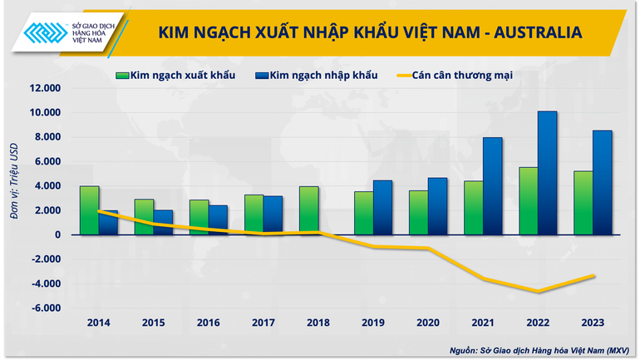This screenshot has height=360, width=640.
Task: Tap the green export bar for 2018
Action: point(309,210)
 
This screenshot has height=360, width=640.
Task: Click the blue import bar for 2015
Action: point(163,222)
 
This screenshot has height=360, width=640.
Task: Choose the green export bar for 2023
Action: point(583,203)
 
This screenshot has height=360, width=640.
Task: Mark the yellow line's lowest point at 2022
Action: point(539,292)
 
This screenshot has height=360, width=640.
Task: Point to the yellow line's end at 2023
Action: point(593,275)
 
